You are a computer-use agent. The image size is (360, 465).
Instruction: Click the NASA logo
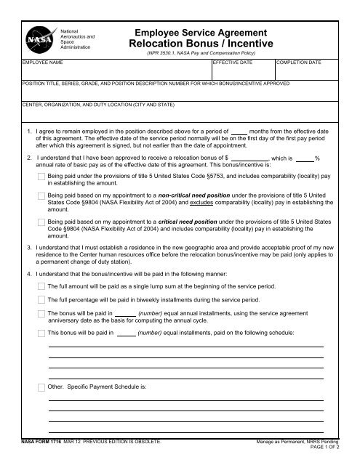pyautogui.click(x=36, y=41)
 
